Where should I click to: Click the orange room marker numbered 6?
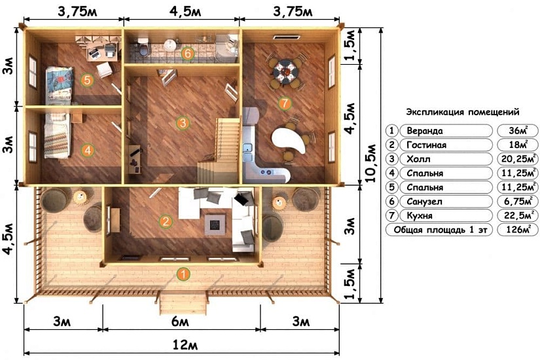[187, 54]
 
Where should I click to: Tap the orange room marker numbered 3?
[182, 123]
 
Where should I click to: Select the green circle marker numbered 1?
[183, 274]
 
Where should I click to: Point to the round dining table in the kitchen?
[285, 70]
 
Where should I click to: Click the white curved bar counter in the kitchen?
[289, 140]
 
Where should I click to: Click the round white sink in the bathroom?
[170, 45]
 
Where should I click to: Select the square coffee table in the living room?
[215, 225]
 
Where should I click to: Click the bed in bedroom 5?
[59, 84]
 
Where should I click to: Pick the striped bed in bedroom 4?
[56, 136]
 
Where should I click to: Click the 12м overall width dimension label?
[185, 344]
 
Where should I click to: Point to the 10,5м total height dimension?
[370, 162]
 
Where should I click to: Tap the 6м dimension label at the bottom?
[180, 321]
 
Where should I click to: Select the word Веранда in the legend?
[425, 131]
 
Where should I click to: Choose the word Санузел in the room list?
[424, 202]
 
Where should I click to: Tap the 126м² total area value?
[518, 230]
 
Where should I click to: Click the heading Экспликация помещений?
[463, 113]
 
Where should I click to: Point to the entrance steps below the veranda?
[183, 302]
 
